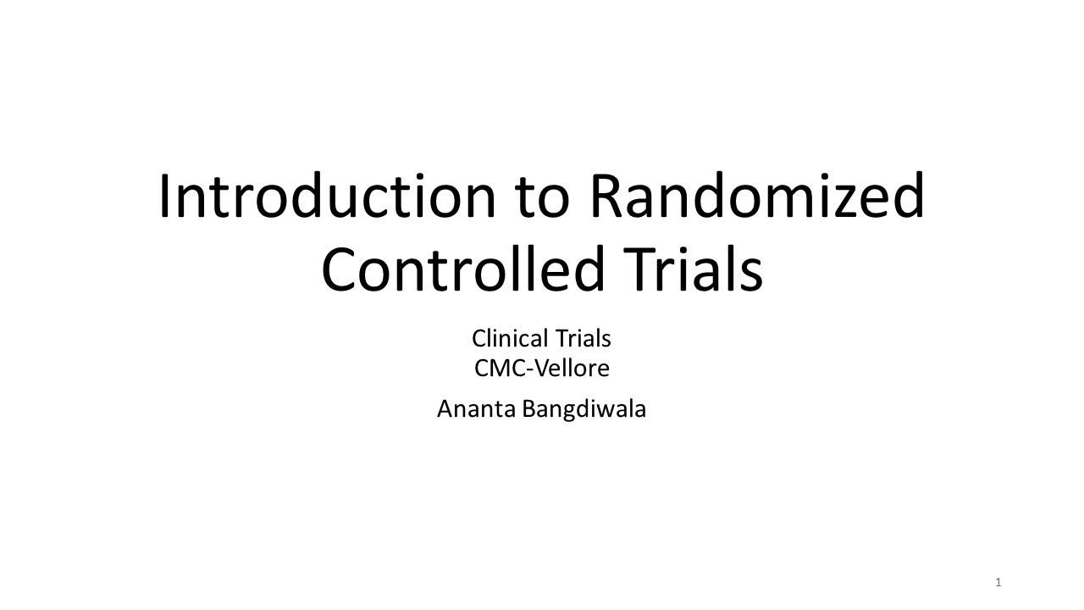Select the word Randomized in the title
pos(756,196)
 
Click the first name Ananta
pos(476,409)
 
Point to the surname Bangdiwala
pos(583,409)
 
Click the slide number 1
pos(998,582)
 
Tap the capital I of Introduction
pos(164,196)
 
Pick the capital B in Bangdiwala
pos(528,409)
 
